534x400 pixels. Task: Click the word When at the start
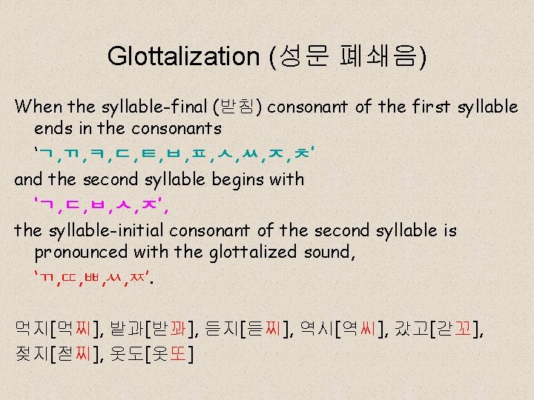(x=39, y=107)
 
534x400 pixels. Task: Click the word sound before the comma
(x=329, y=253)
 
